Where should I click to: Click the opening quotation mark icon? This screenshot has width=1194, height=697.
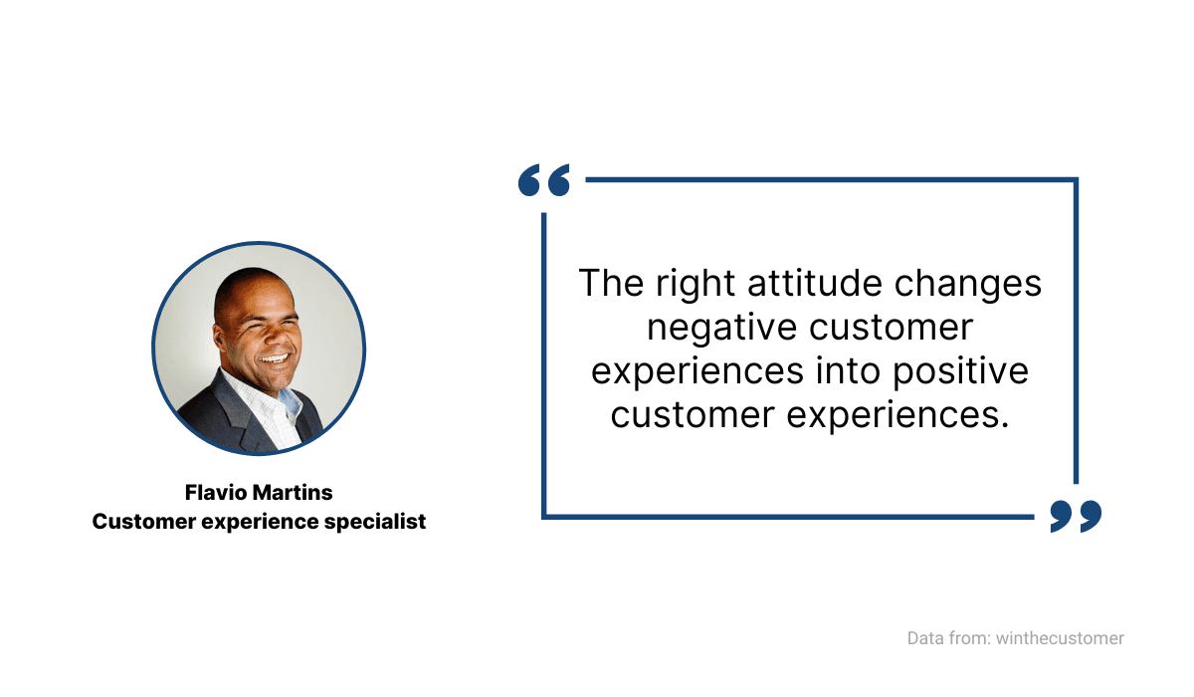coord(543,179)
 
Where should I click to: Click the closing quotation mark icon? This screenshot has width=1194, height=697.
coord(1076,516)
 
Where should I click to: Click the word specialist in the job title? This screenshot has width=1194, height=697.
coord(375,522)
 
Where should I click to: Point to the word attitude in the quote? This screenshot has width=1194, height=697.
coord(815,283)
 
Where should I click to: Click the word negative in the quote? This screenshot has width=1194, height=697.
coord(721,328)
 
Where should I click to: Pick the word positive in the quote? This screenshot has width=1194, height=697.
coord(960,372)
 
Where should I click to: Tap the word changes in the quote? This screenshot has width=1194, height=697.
coord(967,284)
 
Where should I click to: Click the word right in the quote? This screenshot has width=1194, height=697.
coord(696,284)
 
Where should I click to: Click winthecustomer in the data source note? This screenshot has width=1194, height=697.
coord(1060,638)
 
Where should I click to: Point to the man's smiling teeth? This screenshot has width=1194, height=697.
coord(274,358)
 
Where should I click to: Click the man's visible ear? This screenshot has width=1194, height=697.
coord(218,336)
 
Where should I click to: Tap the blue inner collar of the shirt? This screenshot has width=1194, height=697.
coord(291,403)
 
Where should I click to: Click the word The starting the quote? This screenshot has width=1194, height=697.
coord(611,283)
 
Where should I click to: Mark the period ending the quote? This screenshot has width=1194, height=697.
coord(1005,425)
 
